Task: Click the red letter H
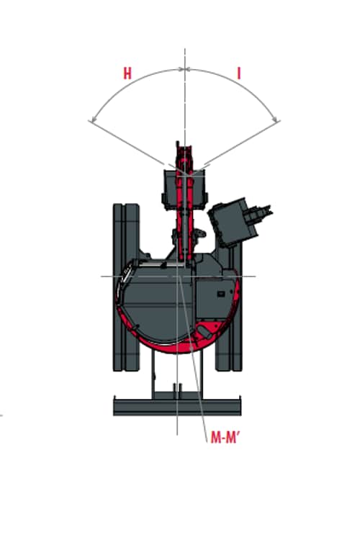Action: click(127, 73)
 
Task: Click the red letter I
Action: click(239, 73)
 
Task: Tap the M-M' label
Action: click(225, 438)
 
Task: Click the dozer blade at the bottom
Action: click(177, 405)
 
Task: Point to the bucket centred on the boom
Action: click(184, 190)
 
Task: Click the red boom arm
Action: click(185, 204)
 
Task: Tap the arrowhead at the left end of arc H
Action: click(92, 121)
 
